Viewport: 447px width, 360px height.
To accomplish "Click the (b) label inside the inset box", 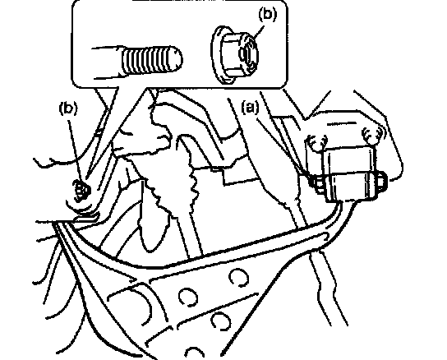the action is click(267, 15).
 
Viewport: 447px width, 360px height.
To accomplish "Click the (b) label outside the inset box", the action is click(68, 108).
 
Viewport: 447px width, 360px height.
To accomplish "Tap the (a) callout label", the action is click(251, 107).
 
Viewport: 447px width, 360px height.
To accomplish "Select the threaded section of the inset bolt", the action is click(151, 60).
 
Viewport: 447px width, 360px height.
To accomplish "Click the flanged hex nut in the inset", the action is click(235, 54).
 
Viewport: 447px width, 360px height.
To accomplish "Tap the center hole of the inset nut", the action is click(246, 54).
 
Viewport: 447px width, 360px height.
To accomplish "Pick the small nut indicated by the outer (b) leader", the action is click(81, 189).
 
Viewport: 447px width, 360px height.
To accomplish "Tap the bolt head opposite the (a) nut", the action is click(380, 180).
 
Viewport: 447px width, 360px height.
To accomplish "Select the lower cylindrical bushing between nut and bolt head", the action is click(352, 186).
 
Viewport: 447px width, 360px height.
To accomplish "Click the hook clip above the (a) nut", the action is click(317, 142).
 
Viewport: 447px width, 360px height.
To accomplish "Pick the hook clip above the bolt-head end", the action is click(371, 135).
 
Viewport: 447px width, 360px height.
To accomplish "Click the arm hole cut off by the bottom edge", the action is click(195, 353).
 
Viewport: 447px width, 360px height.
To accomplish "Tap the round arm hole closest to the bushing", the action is click(239, 278).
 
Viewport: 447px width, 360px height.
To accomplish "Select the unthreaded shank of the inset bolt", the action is click(107, 62).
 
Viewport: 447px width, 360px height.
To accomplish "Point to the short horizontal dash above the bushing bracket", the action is click(342, 124).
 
